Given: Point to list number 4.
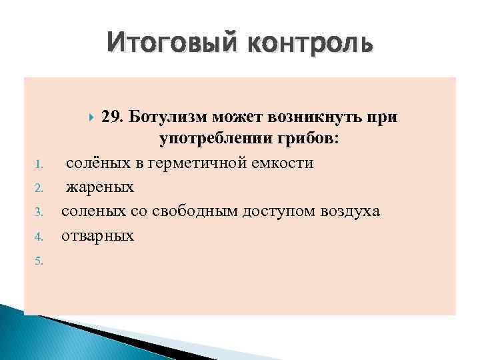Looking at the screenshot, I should (39, 237).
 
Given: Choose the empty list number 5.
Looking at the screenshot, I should (39, 261).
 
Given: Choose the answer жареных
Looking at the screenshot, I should (99, 188).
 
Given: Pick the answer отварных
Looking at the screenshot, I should (97, 235).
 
